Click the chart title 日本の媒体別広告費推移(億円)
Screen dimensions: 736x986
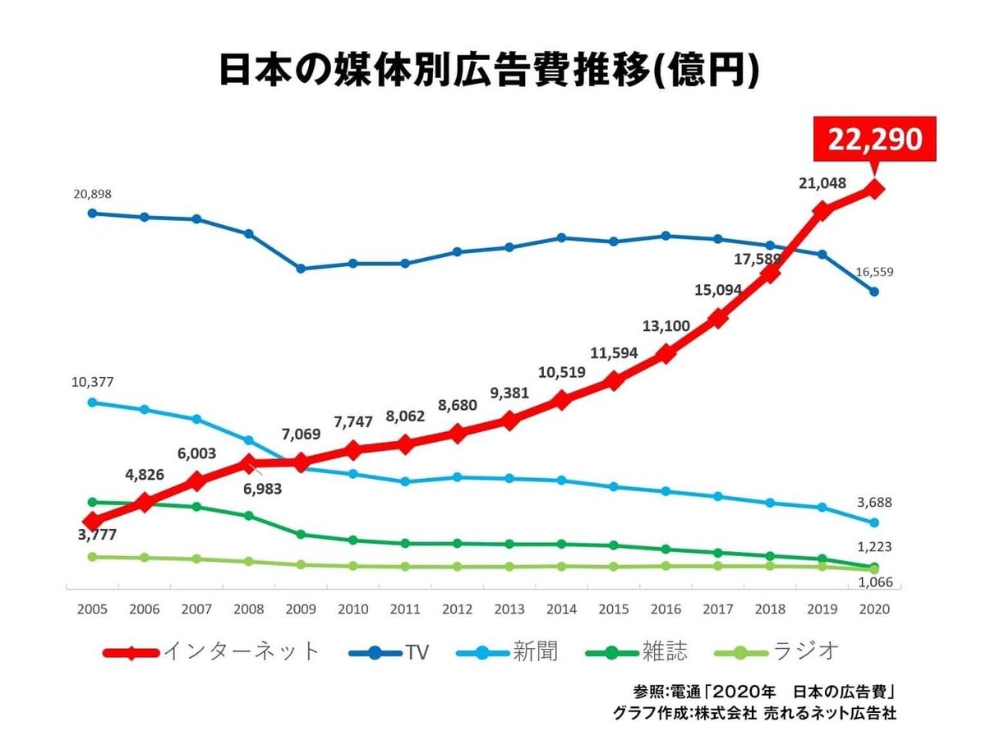[x=488, y=71]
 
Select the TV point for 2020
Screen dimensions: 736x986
[x=874, y=292]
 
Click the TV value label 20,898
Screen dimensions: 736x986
[x=92, y=194]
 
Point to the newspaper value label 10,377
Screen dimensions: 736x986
[x=92, y=382]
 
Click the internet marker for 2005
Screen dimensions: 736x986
[x=93, y=521]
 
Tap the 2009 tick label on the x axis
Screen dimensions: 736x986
[x=300, y=610]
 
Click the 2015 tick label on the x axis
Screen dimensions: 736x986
[x=613, y=610]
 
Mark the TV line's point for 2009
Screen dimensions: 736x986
[x=301, y=269]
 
